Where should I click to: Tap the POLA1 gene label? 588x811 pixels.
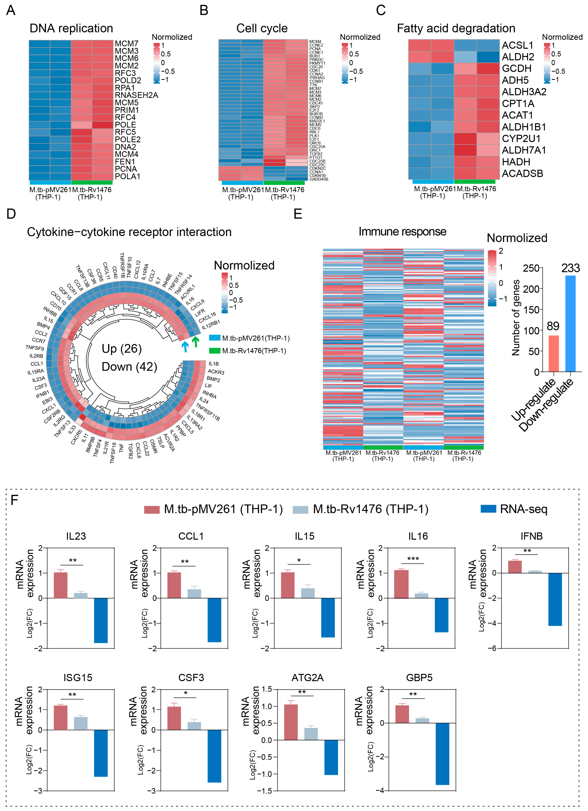(127, 176)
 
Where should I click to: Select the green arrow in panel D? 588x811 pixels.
(195, 342)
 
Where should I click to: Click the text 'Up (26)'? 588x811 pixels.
(122, 349)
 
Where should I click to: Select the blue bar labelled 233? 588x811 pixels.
(571, 324)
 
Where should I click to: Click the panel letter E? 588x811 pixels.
(298, 214)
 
